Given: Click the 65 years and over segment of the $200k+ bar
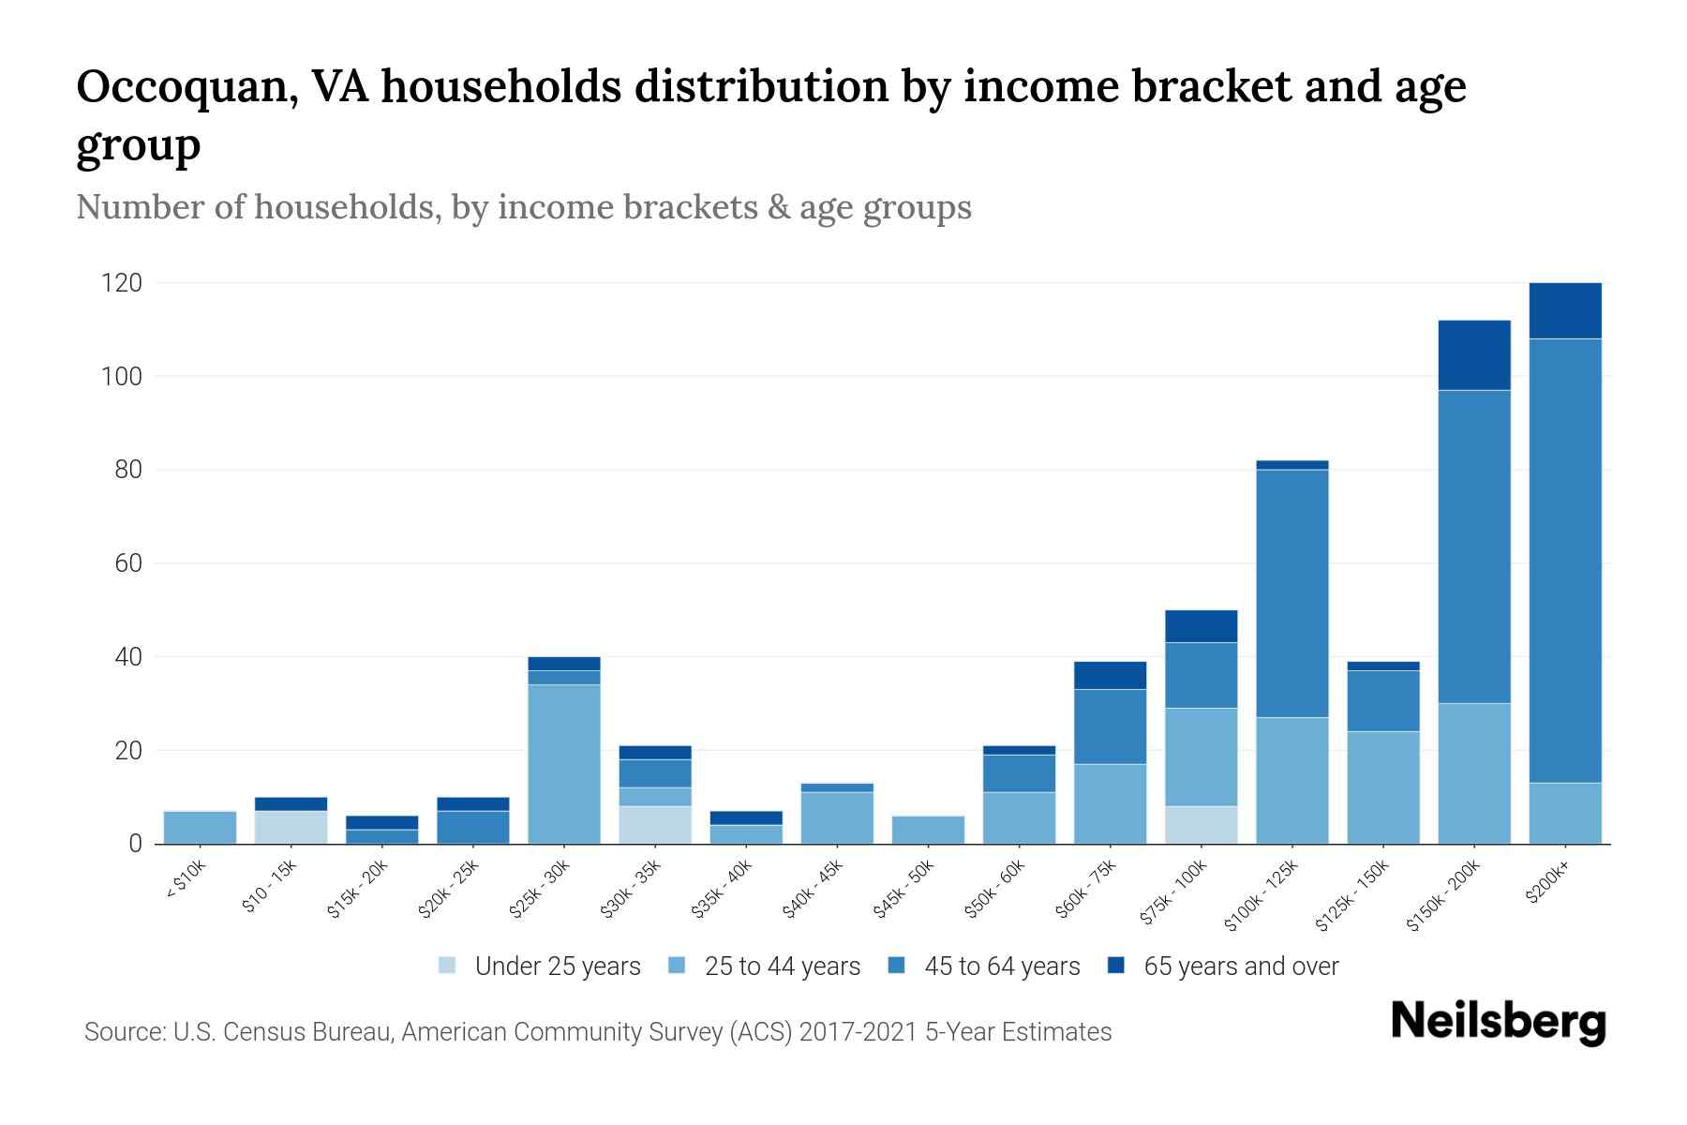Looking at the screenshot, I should point(1564,310).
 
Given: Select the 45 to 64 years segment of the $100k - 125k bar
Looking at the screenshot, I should point(1291,593).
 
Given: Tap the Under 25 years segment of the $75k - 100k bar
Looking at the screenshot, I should point(1201,825).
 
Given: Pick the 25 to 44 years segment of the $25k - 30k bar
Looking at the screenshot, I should point(563,764).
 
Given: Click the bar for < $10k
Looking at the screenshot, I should point(200,828).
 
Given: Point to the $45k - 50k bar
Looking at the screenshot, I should point(928,830).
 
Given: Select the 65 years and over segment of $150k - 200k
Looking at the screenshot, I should point(1473,355).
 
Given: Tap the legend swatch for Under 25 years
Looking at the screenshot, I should point(448,966).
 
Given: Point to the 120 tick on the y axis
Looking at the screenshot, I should point(121,283).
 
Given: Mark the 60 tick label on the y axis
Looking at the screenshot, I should point(128,563).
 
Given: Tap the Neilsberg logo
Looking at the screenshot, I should point(1498,1022).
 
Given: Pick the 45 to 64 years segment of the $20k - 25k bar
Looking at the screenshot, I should point(472,827).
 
